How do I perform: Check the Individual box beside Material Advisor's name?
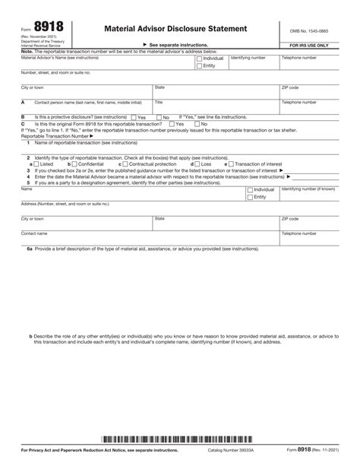(199, 58)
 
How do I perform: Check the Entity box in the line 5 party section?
(251, 197)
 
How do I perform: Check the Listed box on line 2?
(36, 163)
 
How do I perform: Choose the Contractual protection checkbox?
(125, 163)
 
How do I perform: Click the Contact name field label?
(34, 233)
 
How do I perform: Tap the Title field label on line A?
(159, 101)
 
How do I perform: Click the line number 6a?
(30, 249)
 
